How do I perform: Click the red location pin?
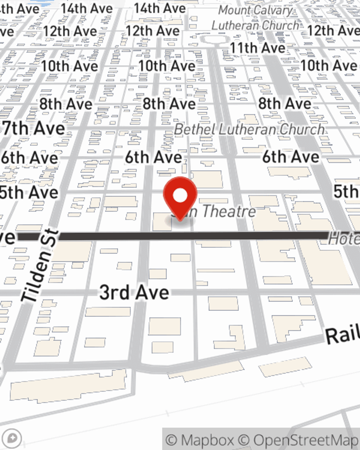pos(180,197)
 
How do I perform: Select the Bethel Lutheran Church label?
pos(249,130)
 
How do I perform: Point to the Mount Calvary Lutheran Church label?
pos(256,18)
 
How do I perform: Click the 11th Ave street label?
pos(257,48)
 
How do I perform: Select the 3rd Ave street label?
pos(134,292)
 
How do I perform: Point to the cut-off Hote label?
pos(344,239)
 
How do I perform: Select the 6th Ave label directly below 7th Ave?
pos(30,158)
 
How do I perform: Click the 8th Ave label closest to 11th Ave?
pos(284,104)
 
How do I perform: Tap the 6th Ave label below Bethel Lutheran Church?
pos(291,157)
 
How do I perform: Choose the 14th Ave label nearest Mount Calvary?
pos(160,8)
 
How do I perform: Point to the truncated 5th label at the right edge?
pos(346,191)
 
